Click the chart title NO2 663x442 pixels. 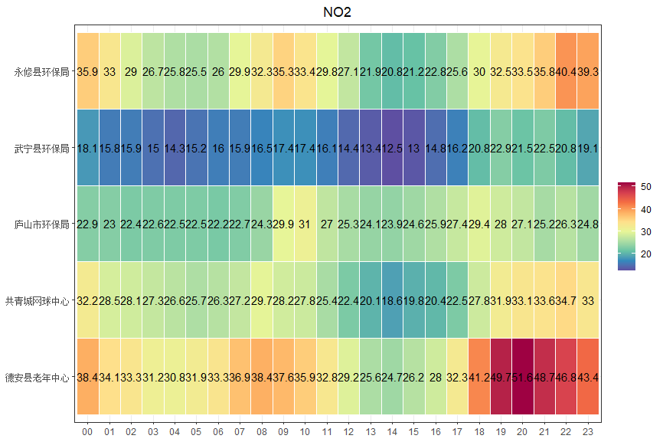[338, 12]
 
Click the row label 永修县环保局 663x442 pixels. [41, 73]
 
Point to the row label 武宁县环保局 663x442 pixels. [41, 149]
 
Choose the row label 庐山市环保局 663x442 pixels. [41, 225]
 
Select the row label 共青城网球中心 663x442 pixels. [37, 301]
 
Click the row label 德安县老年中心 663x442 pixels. [37, 378]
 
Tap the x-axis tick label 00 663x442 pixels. [87, 433]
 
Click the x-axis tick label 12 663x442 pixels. [349, 433]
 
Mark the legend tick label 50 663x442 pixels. [646, 186]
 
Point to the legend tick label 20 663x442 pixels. [646, 254]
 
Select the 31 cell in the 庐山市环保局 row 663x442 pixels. [305, 225]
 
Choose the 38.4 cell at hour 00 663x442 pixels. [87, 378]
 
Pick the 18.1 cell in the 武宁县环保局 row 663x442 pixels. [87, 149]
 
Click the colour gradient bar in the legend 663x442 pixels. [626, 226]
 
